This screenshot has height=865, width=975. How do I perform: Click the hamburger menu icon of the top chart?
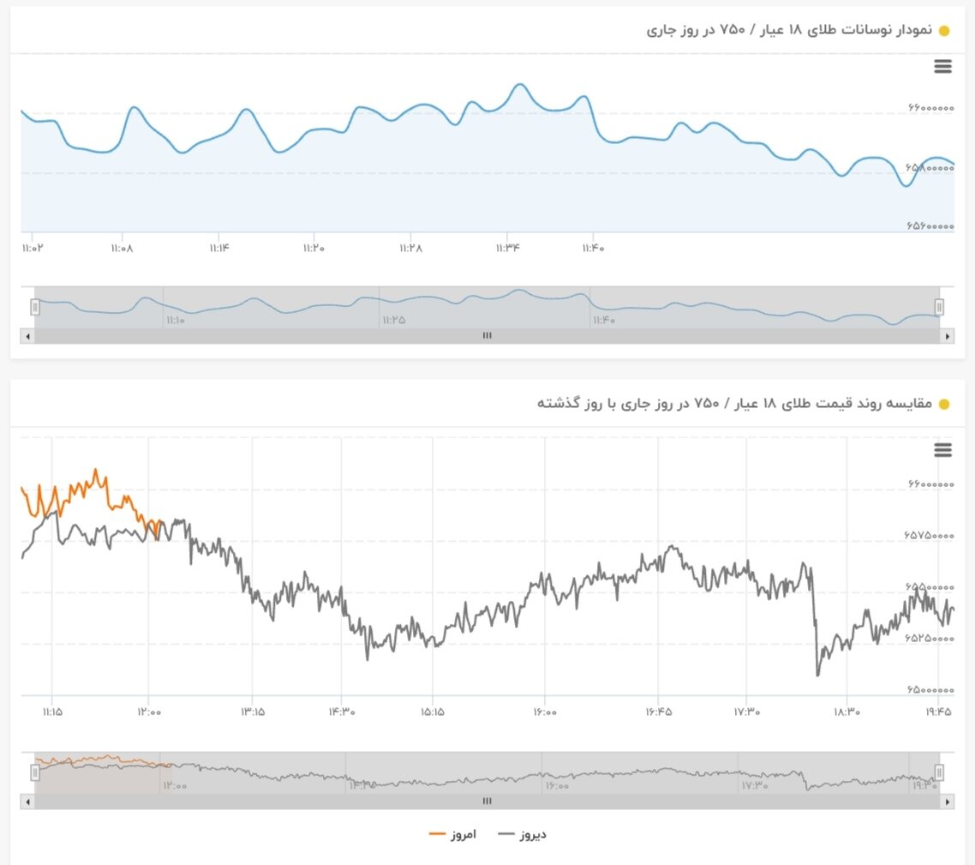tap(942, 67)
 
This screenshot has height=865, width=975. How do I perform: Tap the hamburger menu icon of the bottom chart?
tap(942, 450)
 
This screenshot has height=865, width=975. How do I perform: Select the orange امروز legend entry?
tap(452, 833)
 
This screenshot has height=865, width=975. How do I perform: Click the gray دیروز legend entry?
tap(522, 833)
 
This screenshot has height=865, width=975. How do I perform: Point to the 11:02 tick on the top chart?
tap(32, 248)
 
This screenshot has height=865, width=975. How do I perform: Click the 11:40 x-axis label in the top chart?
tap(593, 248)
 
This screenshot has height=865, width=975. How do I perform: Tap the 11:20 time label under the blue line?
tap(314, 248)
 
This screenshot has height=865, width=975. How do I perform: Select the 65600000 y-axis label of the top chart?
tap(930, 227)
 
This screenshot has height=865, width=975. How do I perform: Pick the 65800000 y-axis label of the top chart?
tap(930, 168)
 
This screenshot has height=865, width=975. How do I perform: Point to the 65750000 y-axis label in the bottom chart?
tap(930, 536)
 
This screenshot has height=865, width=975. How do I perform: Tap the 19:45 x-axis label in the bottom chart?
tap(939, 711)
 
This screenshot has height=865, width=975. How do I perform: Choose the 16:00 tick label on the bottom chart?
tap(544, 711)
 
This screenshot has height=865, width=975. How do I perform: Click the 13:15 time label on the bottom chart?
tap(252, 711)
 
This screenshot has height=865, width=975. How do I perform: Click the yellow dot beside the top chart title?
tap(944, 32)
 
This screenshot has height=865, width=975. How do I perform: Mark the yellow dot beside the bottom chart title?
tap(944, 404)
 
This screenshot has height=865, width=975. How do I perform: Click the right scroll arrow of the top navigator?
tap(948, 336)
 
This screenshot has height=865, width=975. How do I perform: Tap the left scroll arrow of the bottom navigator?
tap(27, 802)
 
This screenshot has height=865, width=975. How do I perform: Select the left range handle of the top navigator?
tap(35, 307)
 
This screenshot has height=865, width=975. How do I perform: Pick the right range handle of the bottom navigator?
tap(939, 772)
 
